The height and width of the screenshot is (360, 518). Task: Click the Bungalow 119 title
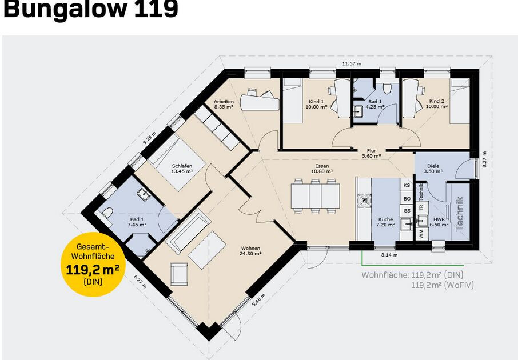[x=90, y=9]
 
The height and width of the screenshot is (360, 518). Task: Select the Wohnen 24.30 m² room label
[x=251, y=251]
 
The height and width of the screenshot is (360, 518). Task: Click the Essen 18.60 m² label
[x=322, y=169]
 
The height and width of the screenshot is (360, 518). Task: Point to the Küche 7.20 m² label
[x=385, y=222]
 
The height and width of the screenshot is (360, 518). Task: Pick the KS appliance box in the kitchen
[x=407, y=185]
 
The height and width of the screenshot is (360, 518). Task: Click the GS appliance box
[x=407, y=211]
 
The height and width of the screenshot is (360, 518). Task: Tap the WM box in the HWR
[x=421, y=234]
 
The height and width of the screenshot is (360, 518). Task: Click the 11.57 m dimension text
[x=352, y=63]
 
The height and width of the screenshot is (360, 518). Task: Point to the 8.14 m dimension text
[x=389, y=255]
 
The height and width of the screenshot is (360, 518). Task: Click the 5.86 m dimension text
[x=258, y=300]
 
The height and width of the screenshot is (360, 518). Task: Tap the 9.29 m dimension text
[x=149, y=138]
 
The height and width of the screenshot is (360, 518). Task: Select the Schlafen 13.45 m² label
[x=182, y=169]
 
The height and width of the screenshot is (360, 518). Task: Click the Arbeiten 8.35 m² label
[x=224, y=104]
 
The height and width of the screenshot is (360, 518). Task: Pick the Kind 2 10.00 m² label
[x=436, y=103]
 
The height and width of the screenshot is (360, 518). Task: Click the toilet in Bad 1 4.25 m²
[x=387, y=88]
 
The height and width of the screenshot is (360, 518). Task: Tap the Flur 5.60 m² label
[x=371, y=153]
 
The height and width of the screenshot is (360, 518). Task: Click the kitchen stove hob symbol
[x=364, y=200]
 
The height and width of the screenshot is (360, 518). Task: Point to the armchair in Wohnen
[x=179, y=274]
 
